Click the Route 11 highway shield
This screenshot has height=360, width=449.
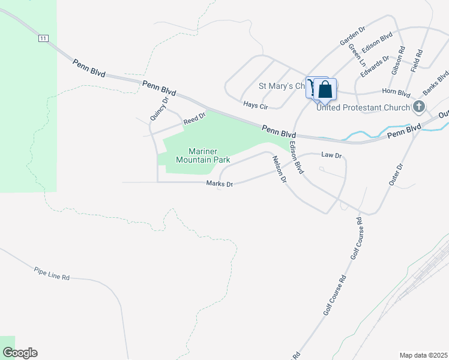(x=42, y=38)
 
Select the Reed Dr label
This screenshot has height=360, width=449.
(x=194, y=118)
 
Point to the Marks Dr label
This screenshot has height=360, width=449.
(x=219, y=184)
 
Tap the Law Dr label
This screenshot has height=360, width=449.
(x=331, y=155)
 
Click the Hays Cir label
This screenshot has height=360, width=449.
(x=255, y=104)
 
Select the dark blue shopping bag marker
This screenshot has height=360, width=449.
(x=325, y=89)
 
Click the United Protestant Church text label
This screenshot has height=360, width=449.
(x=363, y=108)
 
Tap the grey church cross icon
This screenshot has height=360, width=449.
(x=419, y=107)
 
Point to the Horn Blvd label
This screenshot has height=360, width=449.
(x=397, y=93)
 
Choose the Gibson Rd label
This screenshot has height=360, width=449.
(x=397, y=61)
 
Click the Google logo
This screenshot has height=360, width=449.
(x=19, y=353)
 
